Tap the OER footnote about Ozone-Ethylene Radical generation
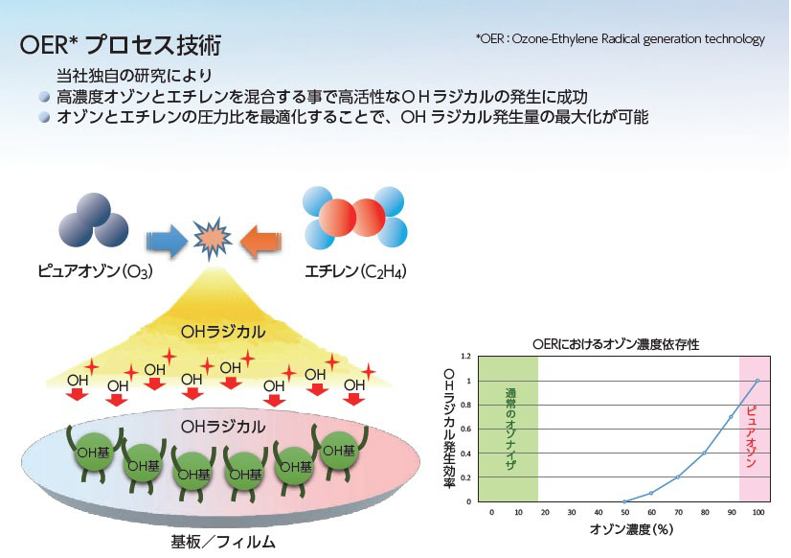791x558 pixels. coord(620,39)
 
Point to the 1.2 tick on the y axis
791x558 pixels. coord(466,357)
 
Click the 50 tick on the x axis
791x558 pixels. coord(624,513)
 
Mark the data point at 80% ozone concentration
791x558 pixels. coord(704,453)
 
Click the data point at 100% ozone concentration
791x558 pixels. coord(757,381)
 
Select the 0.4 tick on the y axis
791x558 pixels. coord(466,453)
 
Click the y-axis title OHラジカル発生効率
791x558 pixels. coord(449,429)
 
